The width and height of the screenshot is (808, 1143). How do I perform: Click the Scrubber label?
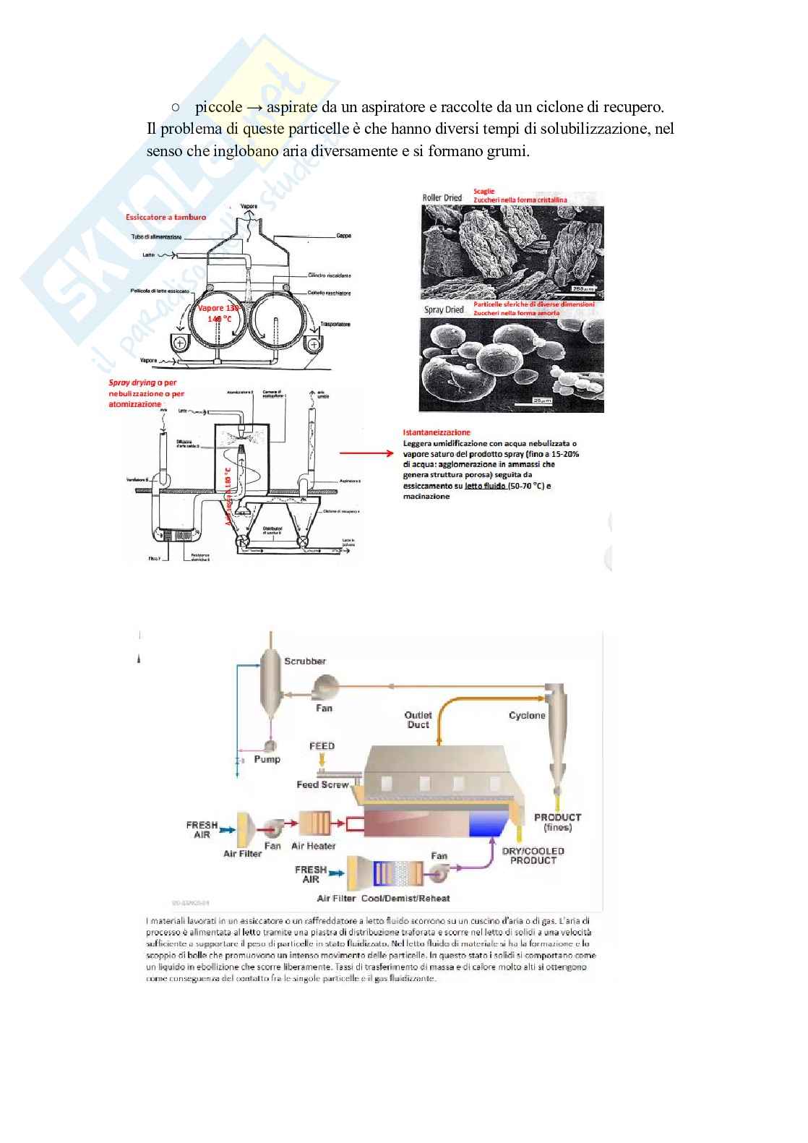point(304,661)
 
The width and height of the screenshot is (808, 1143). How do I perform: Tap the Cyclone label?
point(527,715)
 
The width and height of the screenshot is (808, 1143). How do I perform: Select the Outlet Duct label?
point(418,719)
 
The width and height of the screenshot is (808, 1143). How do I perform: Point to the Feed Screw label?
point(322,784)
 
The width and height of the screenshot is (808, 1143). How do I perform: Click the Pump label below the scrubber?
point(267,759)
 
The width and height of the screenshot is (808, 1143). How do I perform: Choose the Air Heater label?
point(313,846)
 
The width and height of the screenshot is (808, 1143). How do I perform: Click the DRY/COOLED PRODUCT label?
point(533,855)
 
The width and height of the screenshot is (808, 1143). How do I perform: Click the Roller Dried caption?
point(442,197)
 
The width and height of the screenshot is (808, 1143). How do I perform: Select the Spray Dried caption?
point(444,309)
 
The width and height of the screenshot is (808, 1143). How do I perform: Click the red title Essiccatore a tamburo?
point(166,217)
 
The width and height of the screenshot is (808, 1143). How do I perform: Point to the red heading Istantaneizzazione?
point(437,432)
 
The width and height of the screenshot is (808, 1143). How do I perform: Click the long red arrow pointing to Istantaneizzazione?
point(366,453)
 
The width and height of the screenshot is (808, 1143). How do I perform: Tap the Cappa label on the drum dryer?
point(343,236)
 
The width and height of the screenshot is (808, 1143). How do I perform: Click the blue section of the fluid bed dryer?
point(489,823)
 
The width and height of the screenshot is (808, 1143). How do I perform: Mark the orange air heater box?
point(314,823)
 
